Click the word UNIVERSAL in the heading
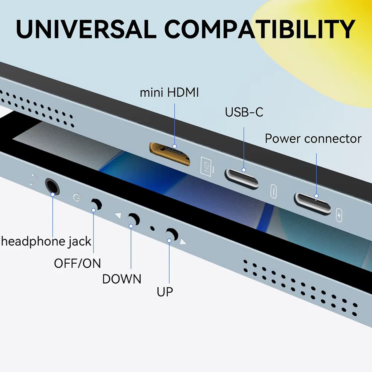(86, 29)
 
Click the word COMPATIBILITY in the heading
(260, 29)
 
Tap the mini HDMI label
(169, 93)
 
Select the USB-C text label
(244, 112)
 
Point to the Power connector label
(313, 138)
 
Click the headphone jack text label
(46, 241)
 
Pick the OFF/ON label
(77, 263)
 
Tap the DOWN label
(122, 279)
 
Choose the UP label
(165, 292)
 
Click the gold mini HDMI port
(169, 154)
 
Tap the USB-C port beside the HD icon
(241, 179)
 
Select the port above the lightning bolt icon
(312, 204)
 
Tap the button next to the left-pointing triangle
(134, 219)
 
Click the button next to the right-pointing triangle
(172, 234)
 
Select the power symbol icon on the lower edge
(77, 198)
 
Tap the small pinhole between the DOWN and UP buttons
(152, 229)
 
